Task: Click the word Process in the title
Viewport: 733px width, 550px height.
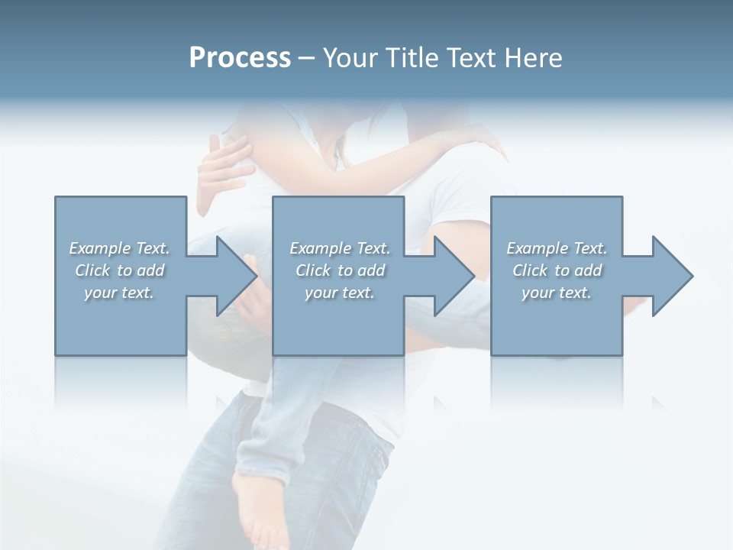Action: pyautogui.click(x=240, y=58)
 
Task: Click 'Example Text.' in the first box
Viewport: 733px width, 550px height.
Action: pyautogui.click(x=120, y=248)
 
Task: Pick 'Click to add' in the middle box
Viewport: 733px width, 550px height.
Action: pyautogui.click(x=340, y=270)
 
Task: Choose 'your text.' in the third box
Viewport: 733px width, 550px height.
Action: pyautogui.click(x=557, y=293)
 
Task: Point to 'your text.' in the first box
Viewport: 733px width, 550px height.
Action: pyautogui.click(x=120, y=293)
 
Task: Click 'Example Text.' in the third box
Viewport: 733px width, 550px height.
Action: pyautogui.click(x=557, y=248)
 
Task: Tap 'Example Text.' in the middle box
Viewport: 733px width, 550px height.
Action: pyautogui.click(x=340, y=248)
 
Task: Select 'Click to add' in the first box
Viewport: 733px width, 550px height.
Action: pyautogui.click(x=120, y=270)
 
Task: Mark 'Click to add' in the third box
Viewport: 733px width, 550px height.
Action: pyautogui.click(x=557, y=270)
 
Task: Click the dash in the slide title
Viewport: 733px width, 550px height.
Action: pyautogui.click(x=307, y=58)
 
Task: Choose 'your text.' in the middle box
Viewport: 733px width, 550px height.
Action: pyautogui.click(x=340, y=293)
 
